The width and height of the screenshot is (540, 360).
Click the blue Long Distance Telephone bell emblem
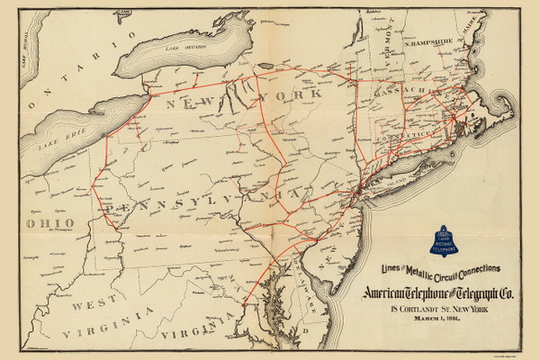468,237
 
